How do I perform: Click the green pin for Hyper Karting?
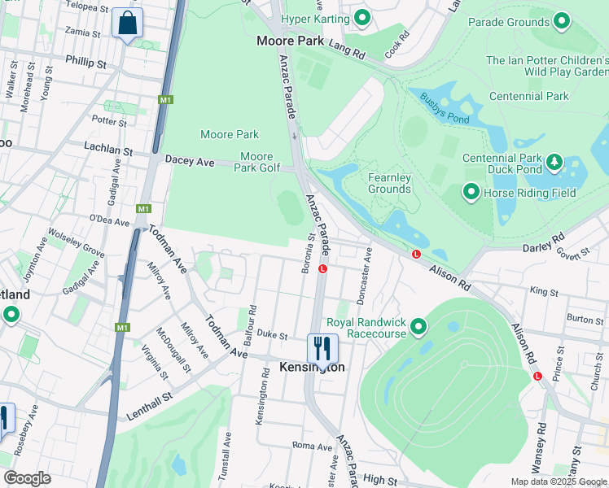[x=362, y=18]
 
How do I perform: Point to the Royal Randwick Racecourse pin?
[x=418, y=327]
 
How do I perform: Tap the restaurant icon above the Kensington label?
[x=322, y=349]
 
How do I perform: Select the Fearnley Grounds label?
[x=389, y=183]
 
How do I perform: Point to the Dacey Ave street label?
[x=190, y=163]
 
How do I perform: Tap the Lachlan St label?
[x=108, y=150]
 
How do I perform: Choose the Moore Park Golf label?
[x=256, y=162]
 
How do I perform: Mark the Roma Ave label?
[x=313, y=446]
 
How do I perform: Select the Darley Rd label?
[x=543, y=243]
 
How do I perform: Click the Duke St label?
[x=273, y=335]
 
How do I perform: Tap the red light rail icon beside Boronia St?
[x=323, y=269]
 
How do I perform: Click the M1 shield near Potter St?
[x=167, y=100]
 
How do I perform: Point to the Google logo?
[x=27, y=478]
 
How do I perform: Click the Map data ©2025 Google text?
[x=558, y=481]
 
